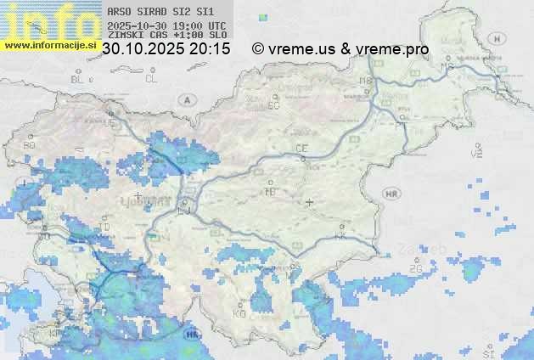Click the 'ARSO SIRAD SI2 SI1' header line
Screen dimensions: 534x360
[160, 13]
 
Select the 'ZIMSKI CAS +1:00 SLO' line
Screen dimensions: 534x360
[167, 36]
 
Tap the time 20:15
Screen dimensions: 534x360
[210, 49]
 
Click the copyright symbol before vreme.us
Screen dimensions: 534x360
[258, 49]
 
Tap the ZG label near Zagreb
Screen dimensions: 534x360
[416, 269]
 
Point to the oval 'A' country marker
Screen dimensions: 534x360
[186, 99]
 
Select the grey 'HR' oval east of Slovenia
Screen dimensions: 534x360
[391, 194]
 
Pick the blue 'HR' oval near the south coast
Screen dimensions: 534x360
[193, 335]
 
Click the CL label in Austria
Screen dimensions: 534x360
[151, 79]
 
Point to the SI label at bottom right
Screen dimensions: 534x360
[487, 352]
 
